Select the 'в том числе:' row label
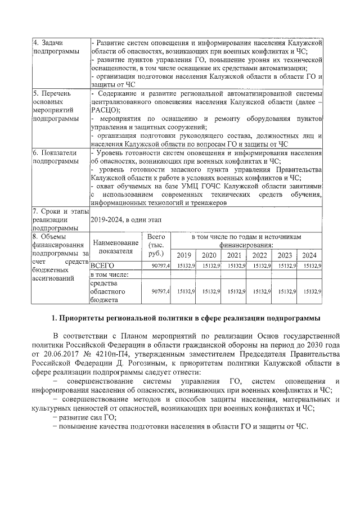tap(110, 274)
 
